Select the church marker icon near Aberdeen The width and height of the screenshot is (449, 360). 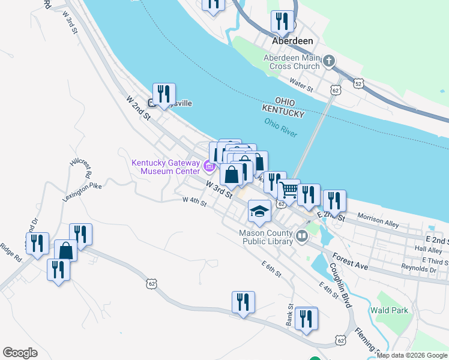click(x=328, y=61)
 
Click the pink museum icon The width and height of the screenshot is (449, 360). click(x=209, y=166)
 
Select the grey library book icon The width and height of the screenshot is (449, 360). click(x=302, y=238)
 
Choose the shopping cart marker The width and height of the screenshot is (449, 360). click(x=289, y=190)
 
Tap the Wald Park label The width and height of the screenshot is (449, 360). click(x=389, y=310)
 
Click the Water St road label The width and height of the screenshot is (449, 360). click(x=301, y=84)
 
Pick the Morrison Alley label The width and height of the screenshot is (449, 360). click(x=378, y=220)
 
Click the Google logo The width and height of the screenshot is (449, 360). click(x=20, y=353)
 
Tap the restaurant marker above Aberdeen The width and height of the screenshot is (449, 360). click(x=282, y=20)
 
